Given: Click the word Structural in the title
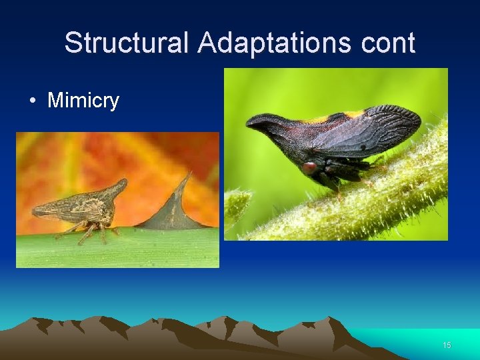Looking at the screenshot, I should (127, 43).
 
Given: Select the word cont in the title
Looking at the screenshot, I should (387, 43).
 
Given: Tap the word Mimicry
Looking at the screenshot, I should (83, 101).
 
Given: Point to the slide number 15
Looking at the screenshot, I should (447, 345).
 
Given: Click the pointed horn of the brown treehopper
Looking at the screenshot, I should (121, 183).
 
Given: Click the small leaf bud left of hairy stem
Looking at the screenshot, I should (238, 200).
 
